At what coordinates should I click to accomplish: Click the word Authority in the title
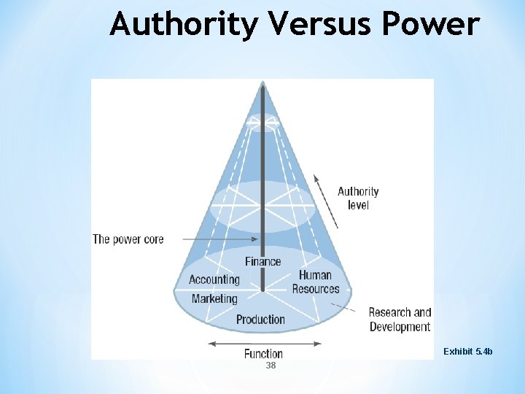[184, 24]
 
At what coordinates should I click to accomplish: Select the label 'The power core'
[128, 239]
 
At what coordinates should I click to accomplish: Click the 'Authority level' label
[358, 198]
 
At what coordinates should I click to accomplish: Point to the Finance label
[262, 261]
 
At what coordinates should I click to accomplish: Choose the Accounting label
[214, 279]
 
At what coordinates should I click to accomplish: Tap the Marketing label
[214, 298]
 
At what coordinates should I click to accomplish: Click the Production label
[260, 319]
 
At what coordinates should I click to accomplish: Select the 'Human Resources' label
[316, 282]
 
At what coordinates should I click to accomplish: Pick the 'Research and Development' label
[400, 320]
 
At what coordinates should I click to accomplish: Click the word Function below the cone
[263, 354]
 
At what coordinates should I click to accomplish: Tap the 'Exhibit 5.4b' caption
[468, 352]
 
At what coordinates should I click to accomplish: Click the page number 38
[271, 366]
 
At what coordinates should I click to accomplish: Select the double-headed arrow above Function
[262, 343]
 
